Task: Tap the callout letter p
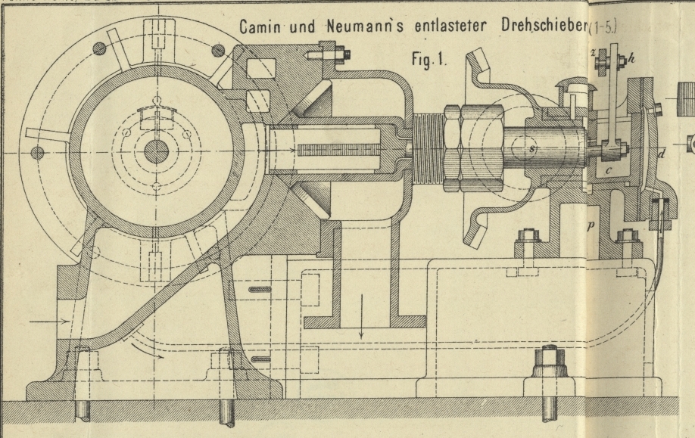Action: pyautogui.click(x=592, y=225)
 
